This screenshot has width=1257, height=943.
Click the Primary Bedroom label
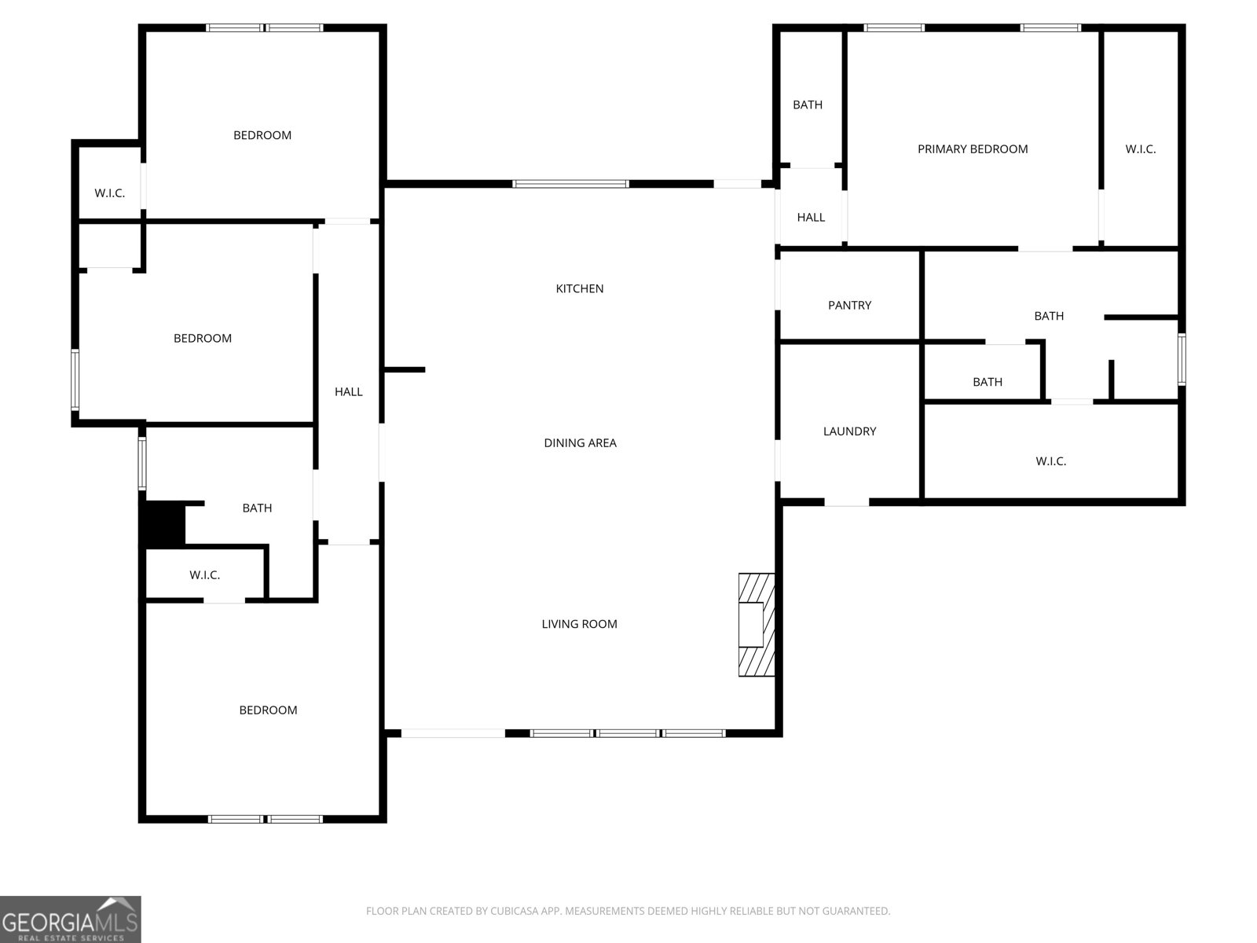tap(973, 149)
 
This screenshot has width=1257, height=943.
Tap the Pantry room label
tap(849, 305)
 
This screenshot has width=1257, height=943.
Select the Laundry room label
tap(849, 431)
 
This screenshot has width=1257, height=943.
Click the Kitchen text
tap(580, 288)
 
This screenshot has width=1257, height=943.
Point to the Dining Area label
tap(580, 443)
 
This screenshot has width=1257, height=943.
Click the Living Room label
tap(580, 624)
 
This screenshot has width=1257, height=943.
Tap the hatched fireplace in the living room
tap(757, 625)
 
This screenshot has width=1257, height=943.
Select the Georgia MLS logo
tap(70, 919)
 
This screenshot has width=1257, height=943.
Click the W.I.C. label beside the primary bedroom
tap(1140, 149)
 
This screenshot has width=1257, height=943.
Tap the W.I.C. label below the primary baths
tap(1050, 461)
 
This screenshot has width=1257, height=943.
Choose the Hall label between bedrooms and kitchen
tap(348, 392)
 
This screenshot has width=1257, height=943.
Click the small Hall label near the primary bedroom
tap(811, 218)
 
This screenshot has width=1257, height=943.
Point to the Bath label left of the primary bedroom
tap(808, 105)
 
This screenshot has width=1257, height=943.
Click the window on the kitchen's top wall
tap(570, 184)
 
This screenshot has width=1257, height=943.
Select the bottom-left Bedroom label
tap(268, 710)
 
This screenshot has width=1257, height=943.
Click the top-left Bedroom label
tap(262, 135)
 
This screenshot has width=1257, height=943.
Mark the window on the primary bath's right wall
tap(1181, 359)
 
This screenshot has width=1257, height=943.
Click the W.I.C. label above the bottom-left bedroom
tap(204, 575)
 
